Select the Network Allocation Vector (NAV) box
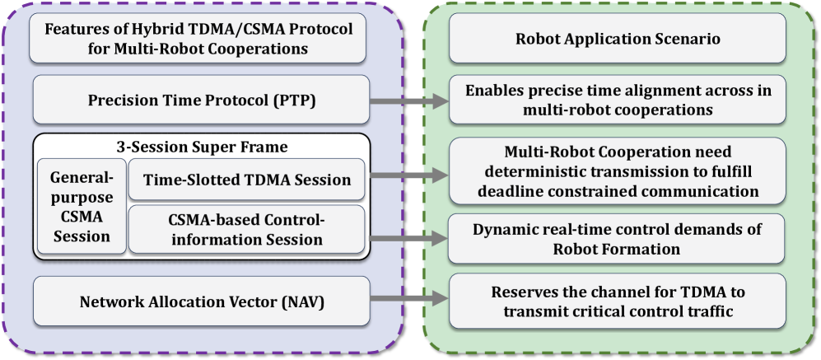202,302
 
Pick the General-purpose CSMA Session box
81,207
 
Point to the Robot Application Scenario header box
617,38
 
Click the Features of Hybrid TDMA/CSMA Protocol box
198,39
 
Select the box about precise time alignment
617,100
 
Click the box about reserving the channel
617,302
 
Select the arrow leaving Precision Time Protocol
408,101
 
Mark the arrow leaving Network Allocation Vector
408,301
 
